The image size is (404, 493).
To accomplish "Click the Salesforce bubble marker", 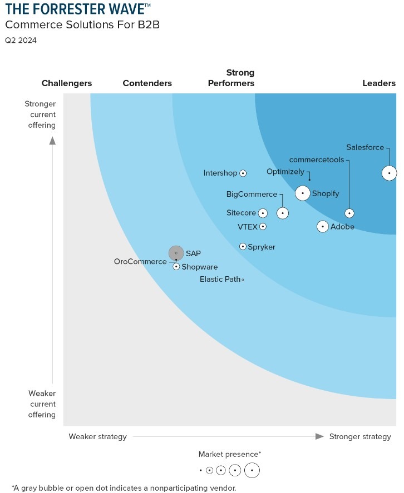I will (x=389, y=173).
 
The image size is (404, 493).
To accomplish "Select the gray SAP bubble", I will (x=176, y=253).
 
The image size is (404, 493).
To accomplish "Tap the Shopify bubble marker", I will (x=303, y=193).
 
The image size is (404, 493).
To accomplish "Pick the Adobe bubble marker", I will (x=323, y=227).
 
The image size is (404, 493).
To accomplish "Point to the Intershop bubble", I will (x=243, y=173).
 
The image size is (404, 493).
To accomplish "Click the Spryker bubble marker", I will (x=243, y=246).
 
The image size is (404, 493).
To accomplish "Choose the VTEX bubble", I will (x=263, y=226).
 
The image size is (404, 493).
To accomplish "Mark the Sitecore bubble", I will (x=263, y=213).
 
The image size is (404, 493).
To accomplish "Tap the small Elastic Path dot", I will (x=243, y=280).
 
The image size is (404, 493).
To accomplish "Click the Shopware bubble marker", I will (x=176, y=267).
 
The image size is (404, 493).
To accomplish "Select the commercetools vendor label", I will (x=316, y=160).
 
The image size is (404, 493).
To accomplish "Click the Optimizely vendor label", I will (x=285, y=172).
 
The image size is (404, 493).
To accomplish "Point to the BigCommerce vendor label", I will (x=252, y=194).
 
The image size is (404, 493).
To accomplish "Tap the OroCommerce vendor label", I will (x=140, y=261).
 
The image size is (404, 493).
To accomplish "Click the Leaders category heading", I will (x=379, y=83).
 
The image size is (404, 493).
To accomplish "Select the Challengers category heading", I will (x=67, y=83).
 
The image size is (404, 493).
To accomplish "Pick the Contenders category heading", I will (x=147, y=83).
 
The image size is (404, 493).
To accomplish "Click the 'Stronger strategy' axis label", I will (x=360, y=436).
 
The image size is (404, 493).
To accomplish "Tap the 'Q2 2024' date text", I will (x=21, y=40).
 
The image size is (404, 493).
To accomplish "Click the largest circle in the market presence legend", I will (x=252, y=470).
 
